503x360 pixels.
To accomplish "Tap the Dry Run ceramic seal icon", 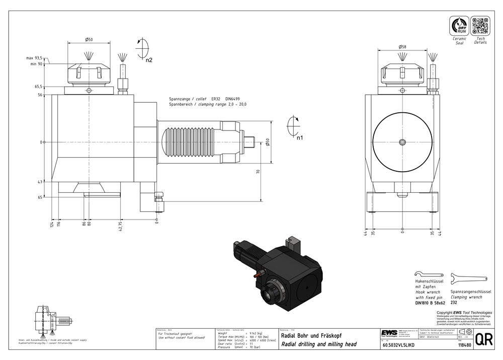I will pyautogui.click(x=459, y=25).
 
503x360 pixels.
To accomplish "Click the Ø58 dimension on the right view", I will pyautogui.click(x=402, y=46).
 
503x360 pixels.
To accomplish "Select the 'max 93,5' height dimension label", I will pyautogui.click(x=34, y=58).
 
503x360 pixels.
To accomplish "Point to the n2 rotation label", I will pyautogui.click(x=148, y=60).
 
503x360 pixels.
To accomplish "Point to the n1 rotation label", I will pyautogui.click(x=299, y=137).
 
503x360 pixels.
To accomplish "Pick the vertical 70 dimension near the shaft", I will pyautogui.click(x=258, y=172).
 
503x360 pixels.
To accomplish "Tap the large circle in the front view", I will pyautogui.click(x=402, y=141).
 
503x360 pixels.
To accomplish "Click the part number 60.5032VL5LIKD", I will pyautogui.click(x=399, y=345).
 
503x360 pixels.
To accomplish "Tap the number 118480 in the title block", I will pyautogui.click(x=464, y=345).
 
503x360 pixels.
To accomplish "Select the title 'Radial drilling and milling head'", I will pyautogui.click(x=318, y=344).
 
